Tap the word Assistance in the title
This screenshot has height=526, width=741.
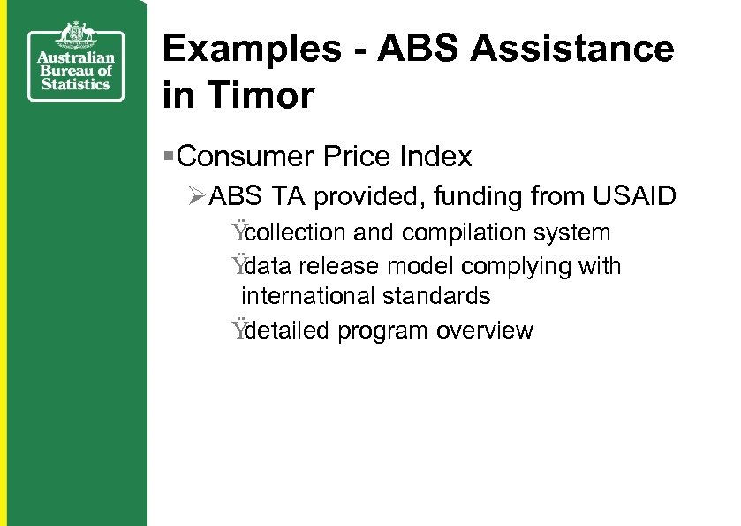click(x=571, y=50)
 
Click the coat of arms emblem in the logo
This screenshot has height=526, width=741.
click(x=75, y=34)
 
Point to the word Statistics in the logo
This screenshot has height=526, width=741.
click(x=75, y=84)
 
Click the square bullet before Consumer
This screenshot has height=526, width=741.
click(x=169, y=157)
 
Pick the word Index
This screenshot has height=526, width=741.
click(x=435, y=157)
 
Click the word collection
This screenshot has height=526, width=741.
click(x=295, y=233)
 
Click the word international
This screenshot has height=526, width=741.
click(x=305, y=294)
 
